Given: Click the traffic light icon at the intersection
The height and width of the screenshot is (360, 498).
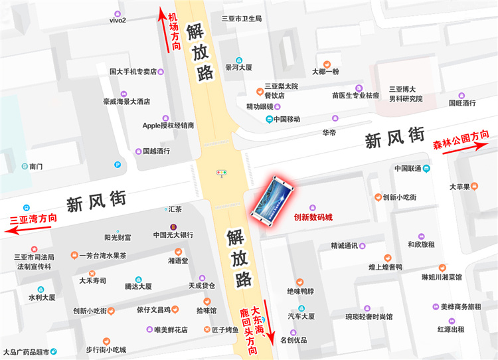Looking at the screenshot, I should pos(221,173).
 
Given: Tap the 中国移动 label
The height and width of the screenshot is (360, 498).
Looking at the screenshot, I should pos(287,120).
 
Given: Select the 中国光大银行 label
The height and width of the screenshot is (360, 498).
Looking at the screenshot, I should pos(173,235).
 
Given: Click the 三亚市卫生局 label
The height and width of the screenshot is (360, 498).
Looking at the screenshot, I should pos(242,19).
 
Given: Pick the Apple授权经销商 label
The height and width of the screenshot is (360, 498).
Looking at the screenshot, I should pos(168,125).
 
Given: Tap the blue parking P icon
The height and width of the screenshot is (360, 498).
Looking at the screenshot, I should pos(118,165).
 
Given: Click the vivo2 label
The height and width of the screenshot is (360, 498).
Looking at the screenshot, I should pos(118,20).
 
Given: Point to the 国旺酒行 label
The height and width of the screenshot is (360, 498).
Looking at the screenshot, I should pos(462,103).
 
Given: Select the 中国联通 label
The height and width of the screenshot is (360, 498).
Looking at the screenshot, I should pos(408,169).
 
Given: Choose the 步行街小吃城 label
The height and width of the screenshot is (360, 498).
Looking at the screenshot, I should pos(106,349).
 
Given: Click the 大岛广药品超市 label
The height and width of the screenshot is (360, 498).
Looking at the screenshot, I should pos(25,351).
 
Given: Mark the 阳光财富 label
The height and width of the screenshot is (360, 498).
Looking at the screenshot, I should pos(118,237).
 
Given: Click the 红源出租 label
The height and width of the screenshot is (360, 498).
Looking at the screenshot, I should pos(451,329).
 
